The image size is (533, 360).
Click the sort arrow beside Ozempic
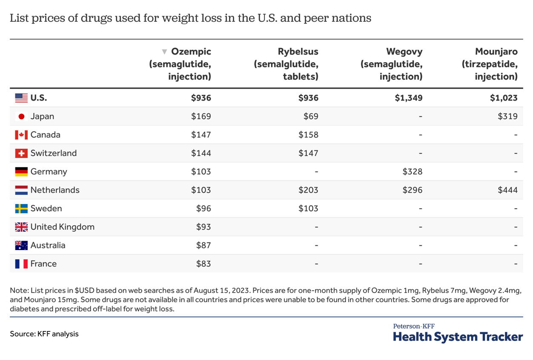[164, 52]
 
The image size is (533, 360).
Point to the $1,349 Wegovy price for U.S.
[409, 98]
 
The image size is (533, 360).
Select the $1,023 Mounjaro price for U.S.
[504, 98]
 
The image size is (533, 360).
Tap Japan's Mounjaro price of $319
[507, 116]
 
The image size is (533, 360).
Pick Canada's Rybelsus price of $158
[308, 135]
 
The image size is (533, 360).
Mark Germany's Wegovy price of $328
[412, 172]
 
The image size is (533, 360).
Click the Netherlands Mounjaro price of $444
[507, 190]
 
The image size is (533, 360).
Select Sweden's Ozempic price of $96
[203, 208]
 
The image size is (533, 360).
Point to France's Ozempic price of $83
[203, 264]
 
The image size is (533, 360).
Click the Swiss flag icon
[21, 153]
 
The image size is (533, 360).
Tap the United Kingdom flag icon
[21, 227]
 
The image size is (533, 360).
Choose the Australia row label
[48, 245]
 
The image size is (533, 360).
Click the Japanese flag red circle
[21, 116]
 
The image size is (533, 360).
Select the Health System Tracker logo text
[458, 337]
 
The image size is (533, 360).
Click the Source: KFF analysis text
[44, 334]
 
